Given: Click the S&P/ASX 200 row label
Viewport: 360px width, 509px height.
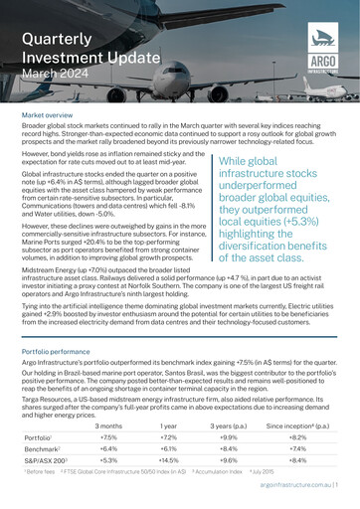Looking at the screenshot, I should pyautogui.click(x=45, y=462).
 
